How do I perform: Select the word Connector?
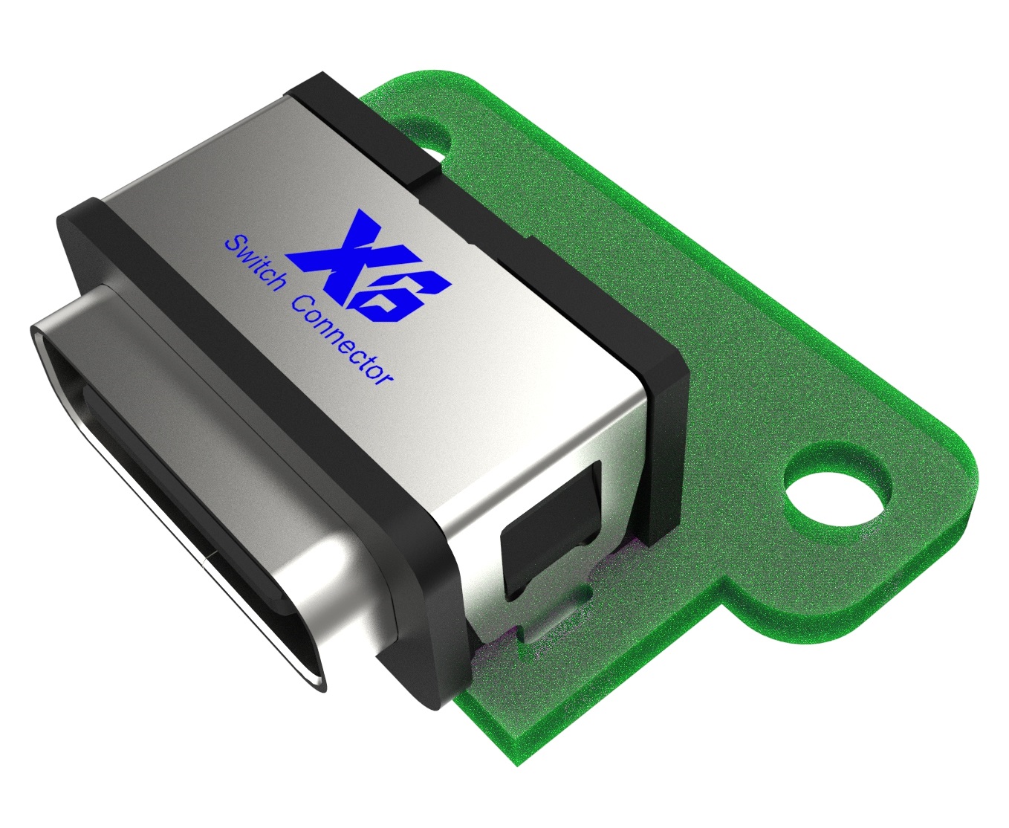click(343, 342)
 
